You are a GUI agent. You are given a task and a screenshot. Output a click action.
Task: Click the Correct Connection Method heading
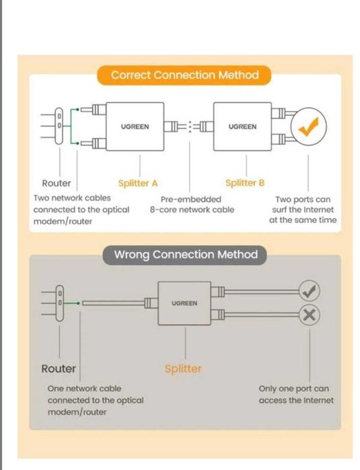(x=184, y=75)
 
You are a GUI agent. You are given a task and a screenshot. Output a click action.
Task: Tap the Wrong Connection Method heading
(x=185, y=255)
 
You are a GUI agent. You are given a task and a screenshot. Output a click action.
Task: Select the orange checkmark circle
(x=308, y=126)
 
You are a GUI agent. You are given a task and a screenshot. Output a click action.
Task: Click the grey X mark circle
(x=310, y=315)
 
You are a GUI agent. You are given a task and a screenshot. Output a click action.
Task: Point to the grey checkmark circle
(x=310, y=290)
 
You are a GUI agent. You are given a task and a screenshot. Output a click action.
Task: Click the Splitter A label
(x=138, y=183)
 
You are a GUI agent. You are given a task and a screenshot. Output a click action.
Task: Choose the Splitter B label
(x=245, y=183)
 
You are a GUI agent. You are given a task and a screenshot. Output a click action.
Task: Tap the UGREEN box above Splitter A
(x=135, y=126)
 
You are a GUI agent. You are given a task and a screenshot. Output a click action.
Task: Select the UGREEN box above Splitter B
(x=242, y=126)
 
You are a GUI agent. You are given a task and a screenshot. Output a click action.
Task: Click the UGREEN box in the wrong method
(x=184, y=303)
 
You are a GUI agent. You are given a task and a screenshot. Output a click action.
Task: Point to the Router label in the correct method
(x=57, y=183)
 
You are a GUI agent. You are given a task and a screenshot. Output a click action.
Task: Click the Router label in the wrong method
(x=59, y=368)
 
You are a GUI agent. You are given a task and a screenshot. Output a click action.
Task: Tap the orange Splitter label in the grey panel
(x=183, y=368)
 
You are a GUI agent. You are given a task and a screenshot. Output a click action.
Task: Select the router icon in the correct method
(x=59, y=126)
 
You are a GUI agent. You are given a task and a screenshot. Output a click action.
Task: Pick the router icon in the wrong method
(x=60, y=303)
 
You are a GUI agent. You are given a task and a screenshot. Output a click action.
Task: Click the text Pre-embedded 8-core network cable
(x=192, y=204)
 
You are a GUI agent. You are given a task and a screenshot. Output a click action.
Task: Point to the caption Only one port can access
(x=296, y=395)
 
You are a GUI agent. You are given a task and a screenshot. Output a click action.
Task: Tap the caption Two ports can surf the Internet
(x=303, y=210)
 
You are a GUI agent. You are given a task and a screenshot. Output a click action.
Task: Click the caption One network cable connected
(x=96, y=400)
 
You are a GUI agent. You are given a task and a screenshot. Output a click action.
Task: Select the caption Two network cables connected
(x=81, y=210)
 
